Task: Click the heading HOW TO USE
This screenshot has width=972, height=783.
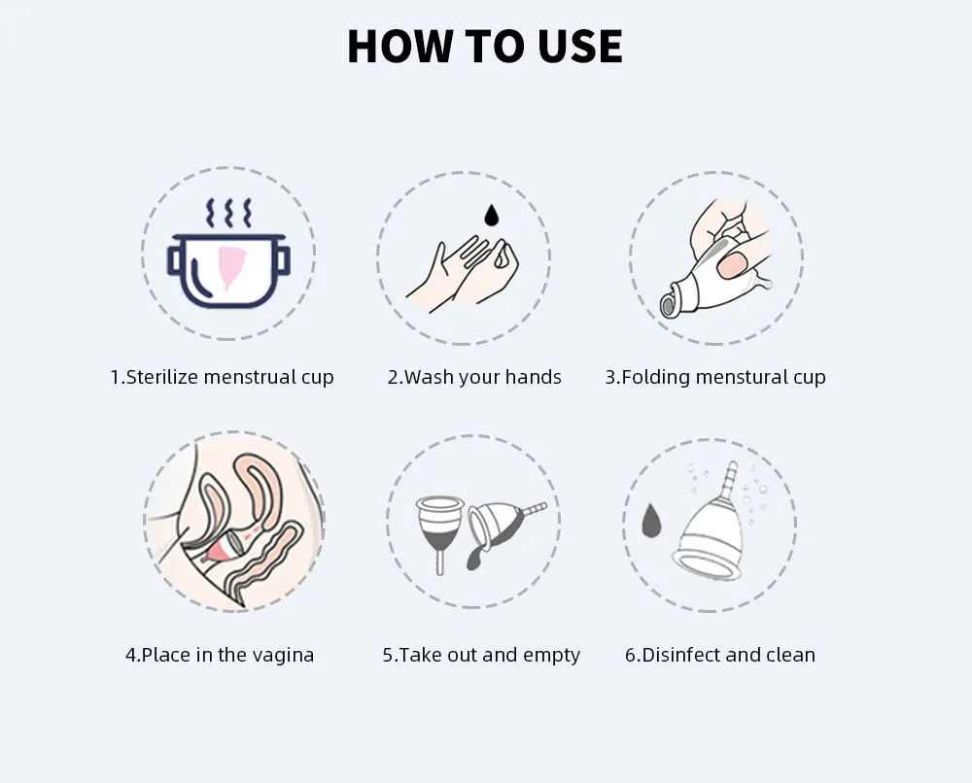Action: [485, 46]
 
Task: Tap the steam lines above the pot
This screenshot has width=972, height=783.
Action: [228, 213]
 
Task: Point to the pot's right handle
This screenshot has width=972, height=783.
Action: [283, 260]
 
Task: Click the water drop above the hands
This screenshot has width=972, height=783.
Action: [492, 215]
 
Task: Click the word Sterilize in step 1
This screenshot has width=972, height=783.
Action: [161, 377]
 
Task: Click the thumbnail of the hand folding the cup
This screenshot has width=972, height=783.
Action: [716, 257]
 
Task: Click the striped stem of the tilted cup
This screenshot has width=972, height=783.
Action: [535, 509]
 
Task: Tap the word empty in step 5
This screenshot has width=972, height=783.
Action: [551, 656]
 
